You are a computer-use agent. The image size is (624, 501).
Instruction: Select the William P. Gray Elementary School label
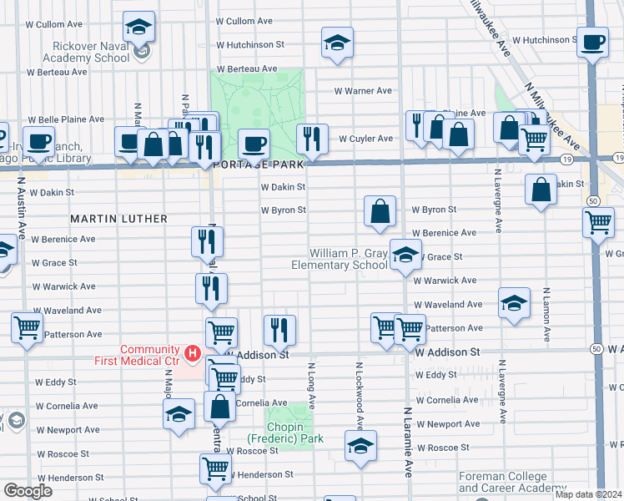[348, 259]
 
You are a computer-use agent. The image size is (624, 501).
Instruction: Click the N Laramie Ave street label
[409, 443]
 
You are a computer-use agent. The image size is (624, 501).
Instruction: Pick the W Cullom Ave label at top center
[244, 21]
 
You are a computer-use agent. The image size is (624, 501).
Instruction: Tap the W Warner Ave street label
[363, 91]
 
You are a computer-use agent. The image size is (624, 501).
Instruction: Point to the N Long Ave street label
[312, 384]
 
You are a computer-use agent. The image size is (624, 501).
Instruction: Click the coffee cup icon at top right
[592, 43]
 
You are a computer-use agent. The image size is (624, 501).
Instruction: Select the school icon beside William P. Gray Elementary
[405, 256]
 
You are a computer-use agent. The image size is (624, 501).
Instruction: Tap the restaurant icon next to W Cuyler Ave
[312, 139]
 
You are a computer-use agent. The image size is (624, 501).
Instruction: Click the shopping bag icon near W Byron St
[380, 211]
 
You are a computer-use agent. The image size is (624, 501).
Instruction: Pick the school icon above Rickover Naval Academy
[138, 27]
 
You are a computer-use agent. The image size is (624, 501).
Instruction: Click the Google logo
[28, 491]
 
